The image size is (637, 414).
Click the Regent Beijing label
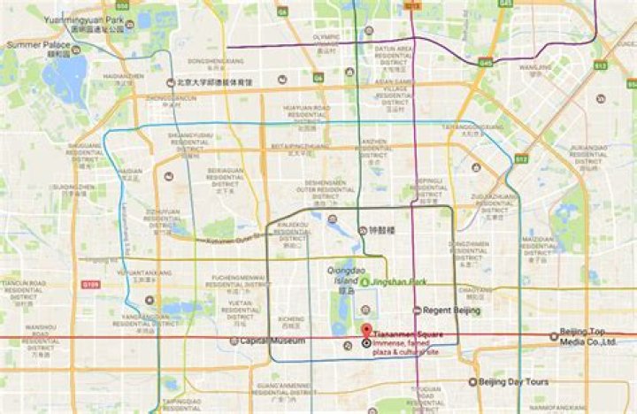pos(451,310)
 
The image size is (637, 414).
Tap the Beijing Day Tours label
pos(514,382)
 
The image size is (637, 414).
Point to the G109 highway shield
pos(89,285)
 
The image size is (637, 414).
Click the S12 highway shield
pos(521,159)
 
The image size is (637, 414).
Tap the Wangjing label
pos(534,67)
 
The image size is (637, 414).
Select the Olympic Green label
pos(326,40)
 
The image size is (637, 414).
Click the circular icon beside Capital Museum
pos(234,341)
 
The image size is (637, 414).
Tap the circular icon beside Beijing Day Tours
pos(472,382)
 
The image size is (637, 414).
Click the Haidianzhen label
pos(123,77)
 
